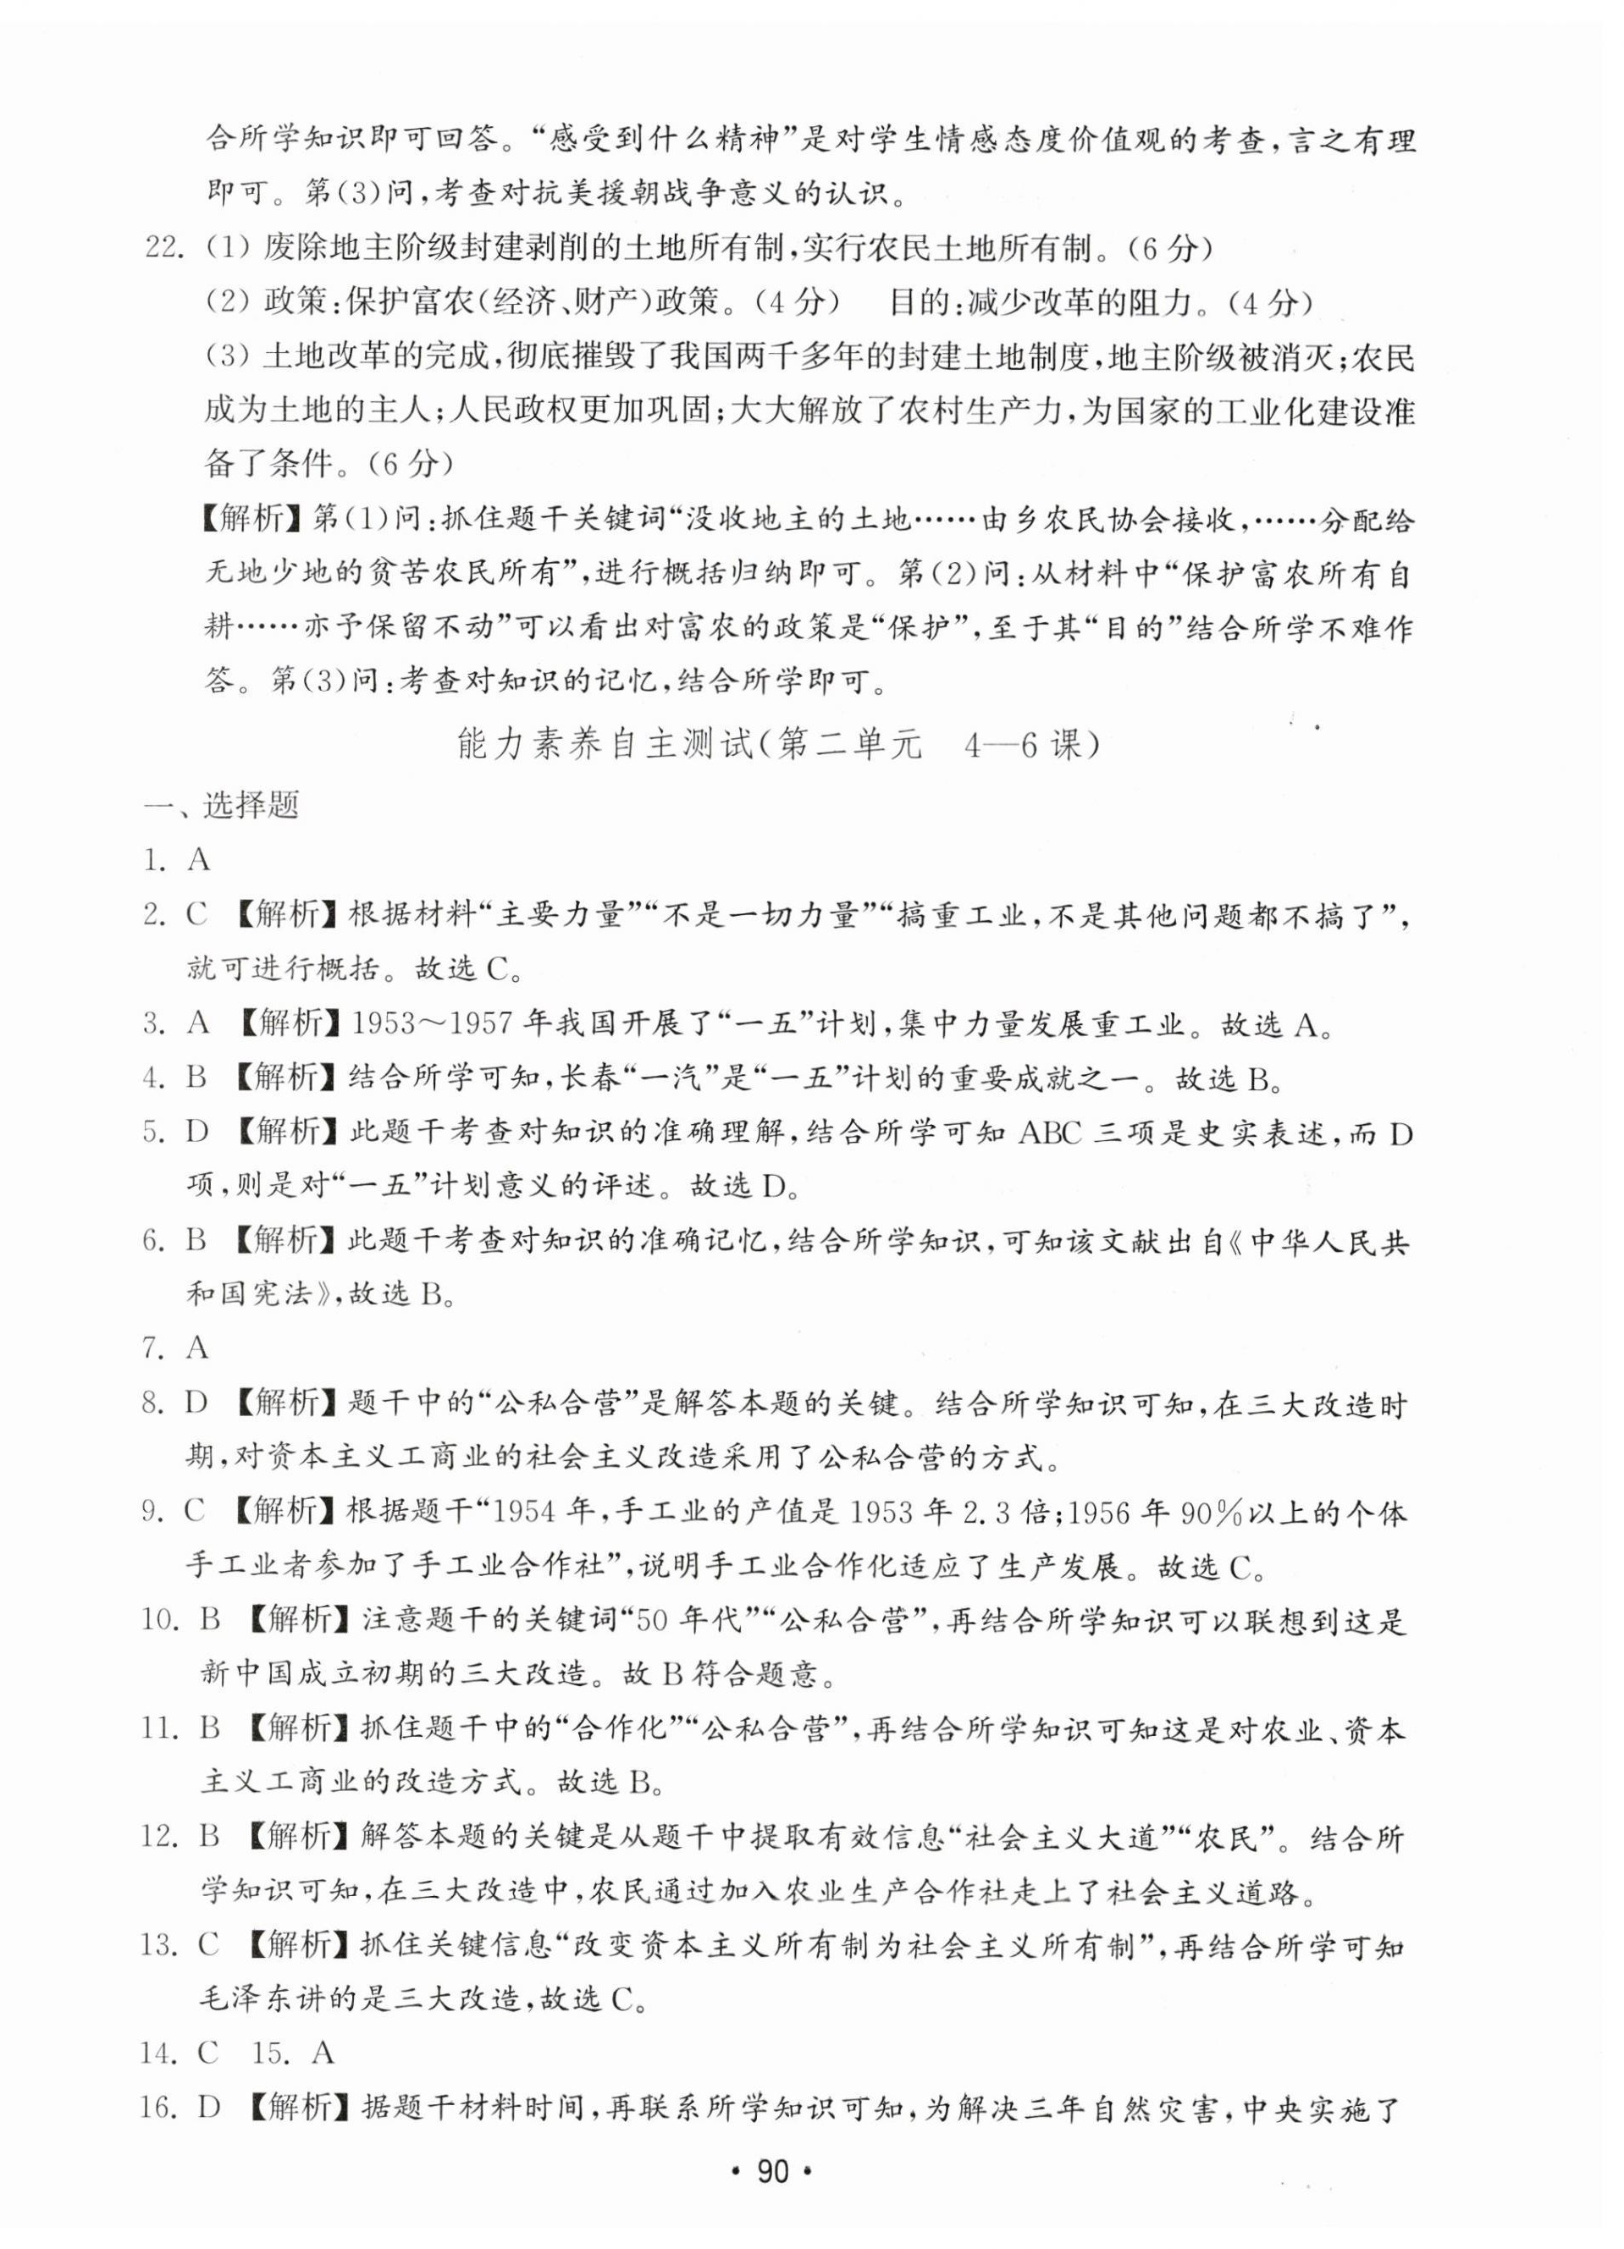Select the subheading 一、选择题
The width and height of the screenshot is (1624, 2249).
220,805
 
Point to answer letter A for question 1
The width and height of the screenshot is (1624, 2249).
198,860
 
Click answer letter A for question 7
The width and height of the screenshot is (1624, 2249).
197,1348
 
